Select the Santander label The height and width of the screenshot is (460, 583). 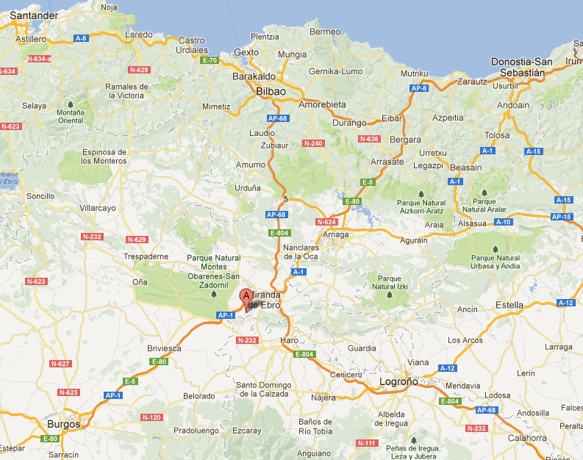(x=33, y=15)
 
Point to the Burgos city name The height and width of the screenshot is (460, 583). (x=63, y=424)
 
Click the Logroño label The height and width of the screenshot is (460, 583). (x=398, y=381)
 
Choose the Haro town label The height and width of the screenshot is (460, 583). (x=290, y=340)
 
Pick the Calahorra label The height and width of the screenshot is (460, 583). (x=526, y=438)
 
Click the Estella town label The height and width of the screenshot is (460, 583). (x=509, y=304)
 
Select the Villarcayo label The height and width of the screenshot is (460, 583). (x=98, y=208)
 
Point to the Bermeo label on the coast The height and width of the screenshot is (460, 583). (x=325, y=32)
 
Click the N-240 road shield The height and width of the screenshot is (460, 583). (x=312, y=143)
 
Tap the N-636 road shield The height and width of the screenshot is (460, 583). (x=368, y=139)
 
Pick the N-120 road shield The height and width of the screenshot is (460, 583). (x=151, y=417)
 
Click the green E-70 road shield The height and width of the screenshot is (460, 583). (x=210, y=60)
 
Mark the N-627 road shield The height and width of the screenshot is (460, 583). (x=60, y=364)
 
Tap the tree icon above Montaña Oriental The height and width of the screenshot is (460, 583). (x=71, y=104)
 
